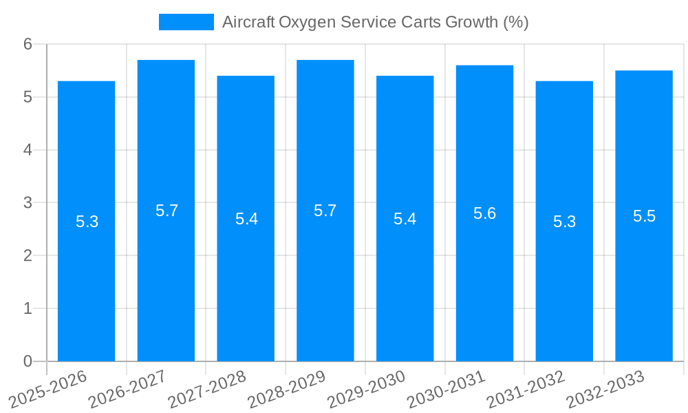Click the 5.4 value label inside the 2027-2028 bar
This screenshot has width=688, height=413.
tap(246, 219)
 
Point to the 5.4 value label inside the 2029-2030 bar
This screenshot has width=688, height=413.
tap(405, 219)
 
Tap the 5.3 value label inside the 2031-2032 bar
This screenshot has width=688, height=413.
tap(564, 222)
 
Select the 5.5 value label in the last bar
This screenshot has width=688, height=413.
tap(644, 216)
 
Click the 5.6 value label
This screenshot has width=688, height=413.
tap(484, 213)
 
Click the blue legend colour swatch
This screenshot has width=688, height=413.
tap(186, 22)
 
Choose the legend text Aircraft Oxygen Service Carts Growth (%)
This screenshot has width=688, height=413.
tap(375, 22)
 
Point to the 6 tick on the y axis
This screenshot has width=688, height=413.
tap(28, 44)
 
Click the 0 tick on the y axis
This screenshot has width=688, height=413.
tap(28, 361)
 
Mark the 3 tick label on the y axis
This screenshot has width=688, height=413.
tap(28, 203)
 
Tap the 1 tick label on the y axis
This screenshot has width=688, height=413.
tap(28, 308)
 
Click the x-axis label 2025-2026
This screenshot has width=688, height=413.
tap(48, 388)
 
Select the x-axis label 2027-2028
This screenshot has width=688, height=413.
tap(207, 388)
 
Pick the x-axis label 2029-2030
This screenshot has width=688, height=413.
tap(366, 388)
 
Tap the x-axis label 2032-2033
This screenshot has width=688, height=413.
tap(605, 388)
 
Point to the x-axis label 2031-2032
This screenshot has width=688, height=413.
tap(526, 388)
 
